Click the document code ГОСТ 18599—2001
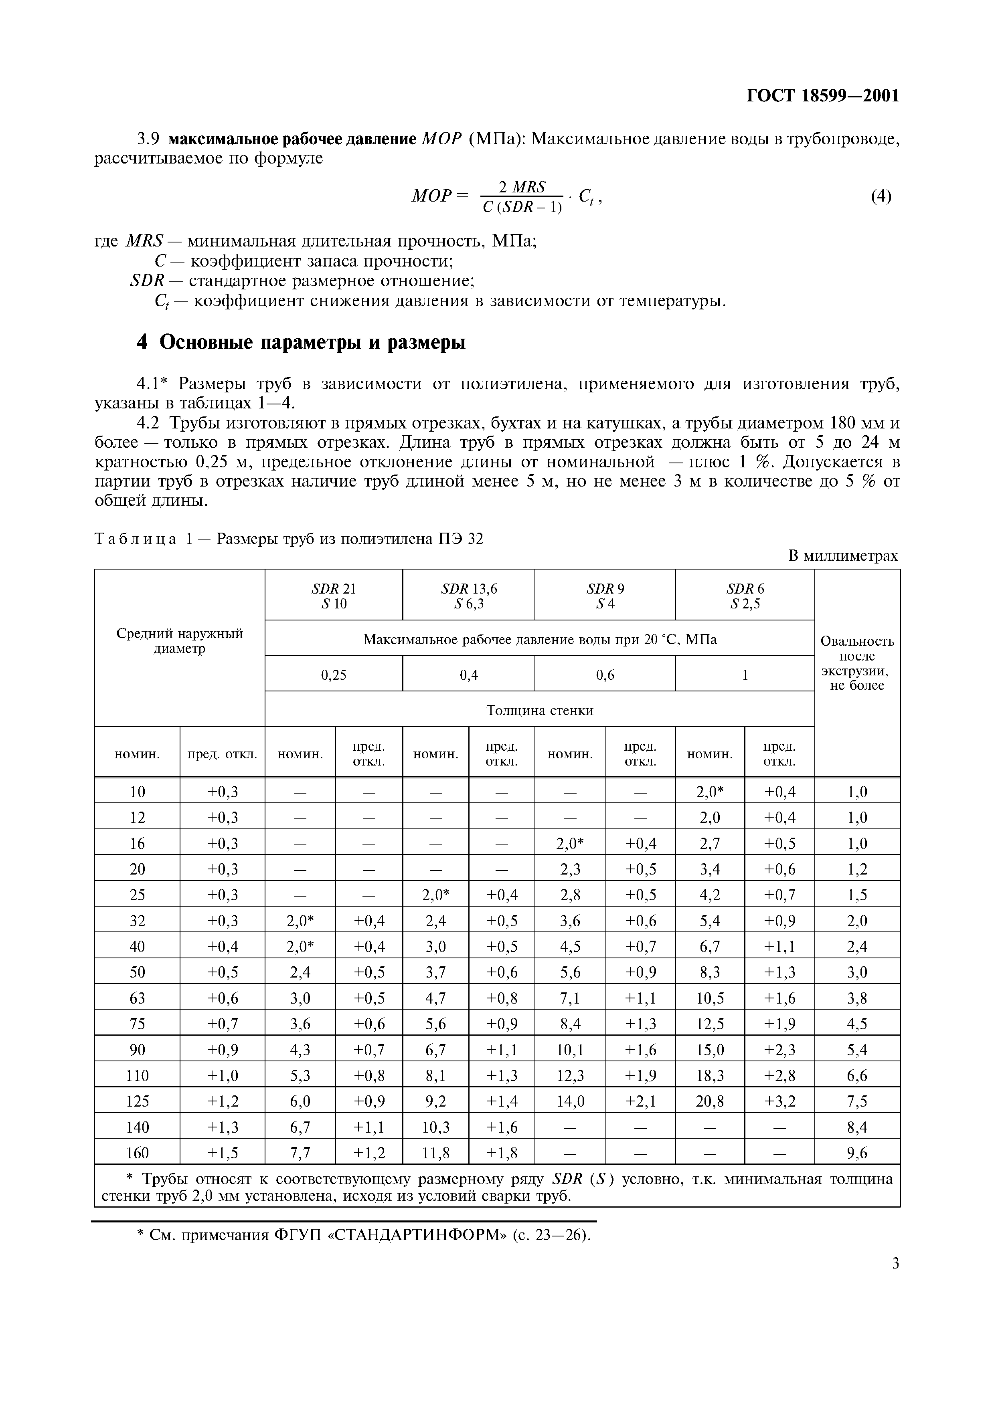822,96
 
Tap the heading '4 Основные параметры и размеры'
301,342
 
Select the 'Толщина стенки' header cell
540,710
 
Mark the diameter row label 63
137,998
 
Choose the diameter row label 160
137,1153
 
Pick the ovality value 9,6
857,1153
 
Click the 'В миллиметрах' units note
843,556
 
